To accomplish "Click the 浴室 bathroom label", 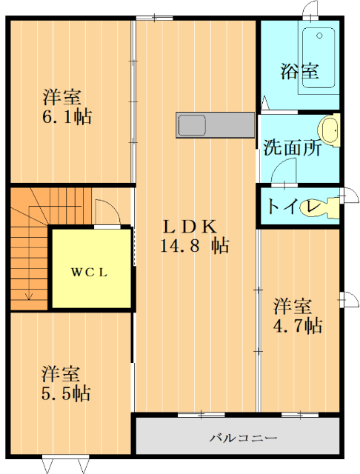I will pyautogui.click(x=299, y=72).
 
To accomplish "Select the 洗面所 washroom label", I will pyautogui.click(x=293, y=147).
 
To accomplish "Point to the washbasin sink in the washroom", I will pyautogui.click(x=330, y=129).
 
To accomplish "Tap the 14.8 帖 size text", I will pyautogui.click(x=194, y=247).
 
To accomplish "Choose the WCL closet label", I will pyautogui.click(x=90, y=272).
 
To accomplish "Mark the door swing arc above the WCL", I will pyautogui.click(x=106, y=210).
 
